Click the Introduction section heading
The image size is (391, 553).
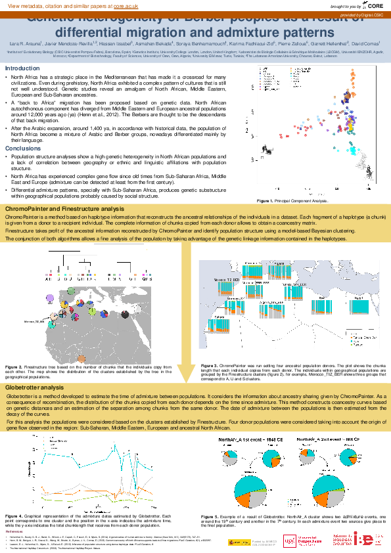(x=22, y=68)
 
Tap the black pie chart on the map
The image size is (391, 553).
(x=126, y=315)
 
